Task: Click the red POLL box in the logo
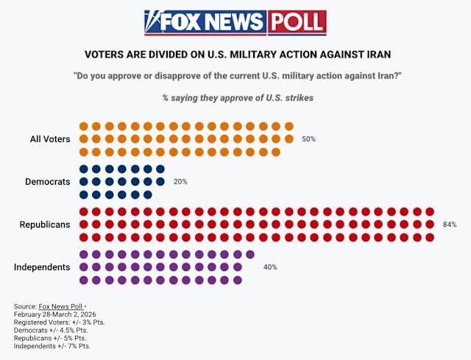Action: point(297,23)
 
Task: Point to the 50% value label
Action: point(308,139)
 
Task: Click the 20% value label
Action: point(180,182)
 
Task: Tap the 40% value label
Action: point(270,267)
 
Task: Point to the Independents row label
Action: point(42,267)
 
